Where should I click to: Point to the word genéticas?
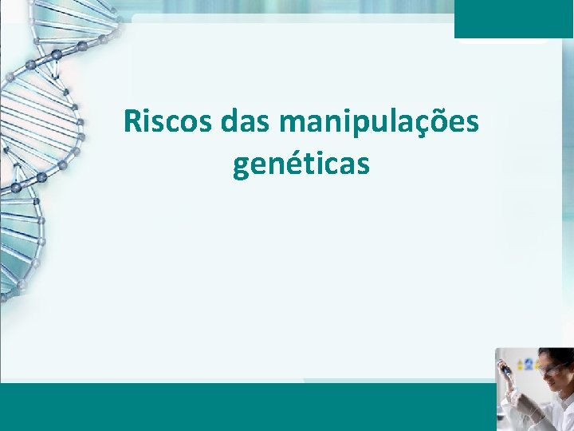(x=301, y=164)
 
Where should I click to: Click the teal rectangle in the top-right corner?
(x=513, y=18)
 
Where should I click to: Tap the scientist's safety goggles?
(x=550, y=369)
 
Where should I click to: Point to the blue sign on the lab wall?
(x=528, y=364)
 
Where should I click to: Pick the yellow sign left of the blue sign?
(x=519, y=364)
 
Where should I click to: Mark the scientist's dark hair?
(x=557, y=355)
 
